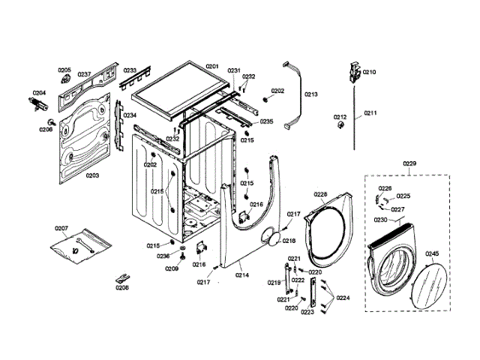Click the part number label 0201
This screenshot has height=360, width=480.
211,67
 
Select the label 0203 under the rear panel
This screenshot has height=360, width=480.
92,175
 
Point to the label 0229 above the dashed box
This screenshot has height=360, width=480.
409,163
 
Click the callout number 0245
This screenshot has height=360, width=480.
433,253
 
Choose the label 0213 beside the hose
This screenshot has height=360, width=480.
311,94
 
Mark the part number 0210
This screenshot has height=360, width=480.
369,72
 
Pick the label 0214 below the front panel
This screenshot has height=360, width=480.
242,275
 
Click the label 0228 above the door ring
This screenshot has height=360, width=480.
320,193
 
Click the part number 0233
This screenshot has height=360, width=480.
130,70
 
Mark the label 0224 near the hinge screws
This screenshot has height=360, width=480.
343,298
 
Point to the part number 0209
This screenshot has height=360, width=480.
172,268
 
